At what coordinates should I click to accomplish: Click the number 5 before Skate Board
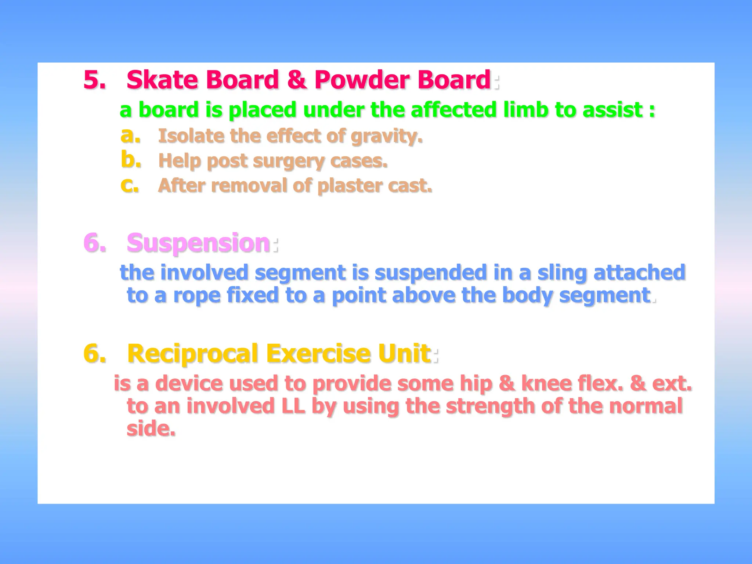pos(92,80)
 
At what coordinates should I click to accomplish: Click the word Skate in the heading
pos(162,80)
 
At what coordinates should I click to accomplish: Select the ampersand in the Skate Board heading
pos(297,80)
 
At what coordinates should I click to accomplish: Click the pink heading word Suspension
pos(199,243)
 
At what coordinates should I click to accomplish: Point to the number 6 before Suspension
pos(93,243)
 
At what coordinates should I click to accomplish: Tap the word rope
pos(196,296)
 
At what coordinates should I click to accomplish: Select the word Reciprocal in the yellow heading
pos(193,354)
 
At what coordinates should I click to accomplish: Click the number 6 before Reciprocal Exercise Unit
pos(93,354)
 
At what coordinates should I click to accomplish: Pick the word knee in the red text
pos(546,384)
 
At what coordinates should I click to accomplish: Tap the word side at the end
pos(151,429)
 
